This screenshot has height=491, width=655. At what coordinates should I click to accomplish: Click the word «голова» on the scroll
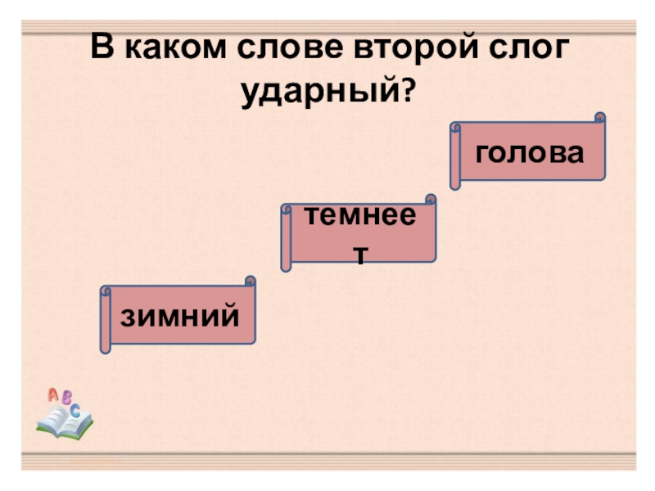tap(530, 152)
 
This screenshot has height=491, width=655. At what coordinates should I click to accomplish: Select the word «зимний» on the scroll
tap(180, 315)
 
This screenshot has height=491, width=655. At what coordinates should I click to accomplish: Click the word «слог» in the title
tap(524, 49)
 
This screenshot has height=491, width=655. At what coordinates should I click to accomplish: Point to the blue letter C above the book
tap(75, 410)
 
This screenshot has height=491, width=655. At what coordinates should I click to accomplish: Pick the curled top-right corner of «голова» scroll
tap(600, 118)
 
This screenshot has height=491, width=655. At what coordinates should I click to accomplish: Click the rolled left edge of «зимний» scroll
tap(105, 320)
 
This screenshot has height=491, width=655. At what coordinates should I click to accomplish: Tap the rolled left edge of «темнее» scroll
tap(286, 238)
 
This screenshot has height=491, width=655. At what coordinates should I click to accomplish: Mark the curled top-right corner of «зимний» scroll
tap(250, 282)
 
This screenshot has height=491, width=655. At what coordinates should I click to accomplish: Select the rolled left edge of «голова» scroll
tap(456, 156)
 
